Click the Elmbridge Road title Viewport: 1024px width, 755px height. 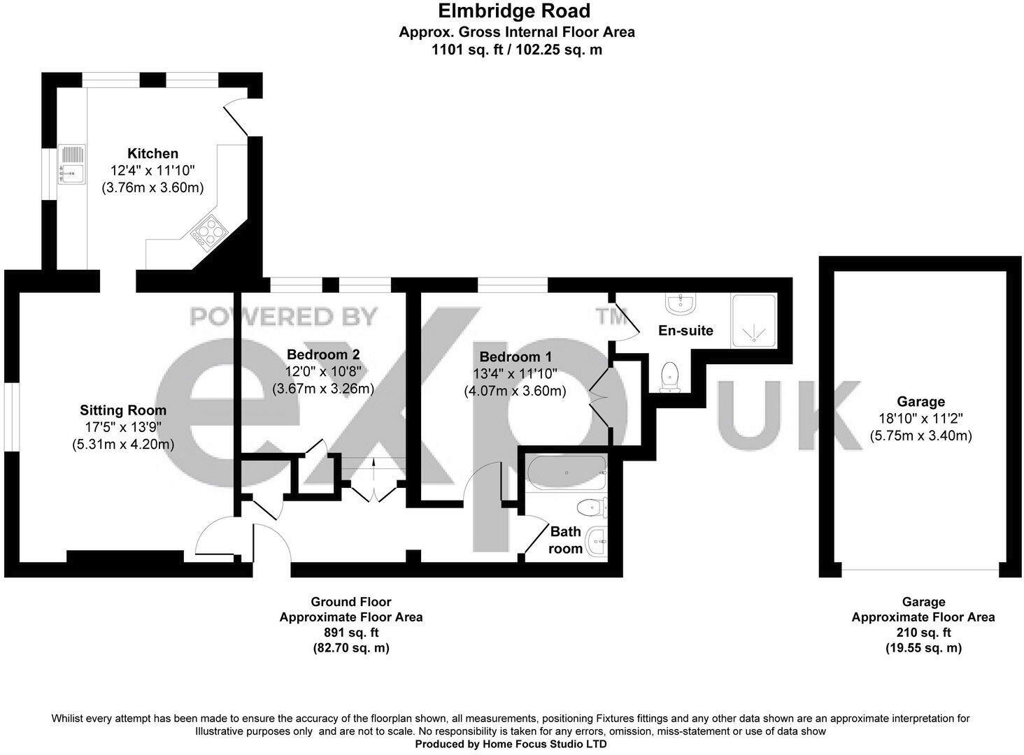pyautogui.click(x=513, y=11)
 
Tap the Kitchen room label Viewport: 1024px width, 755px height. pyautogui.click(x=152, y=153)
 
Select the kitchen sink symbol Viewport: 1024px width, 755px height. pyautogui.click(x=71, y=162)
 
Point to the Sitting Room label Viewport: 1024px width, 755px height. pyautogui.click(x=123, y=410)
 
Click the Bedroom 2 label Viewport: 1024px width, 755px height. pyautogui.click(x=322, y=354)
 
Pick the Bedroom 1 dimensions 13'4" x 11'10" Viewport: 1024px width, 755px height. pyautogui.click(x=515, y=374)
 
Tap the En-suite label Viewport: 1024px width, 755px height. pyautogui.click(x=685, y=330)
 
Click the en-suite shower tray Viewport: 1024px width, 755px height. pyautogui.click(x=753, y=321)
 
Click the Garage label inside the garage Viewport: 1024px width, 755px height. pyautogui.click(x=920, y=401)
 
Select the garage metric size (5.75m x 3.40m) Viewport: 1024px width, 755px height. pyautogui.click(x=920, y=436)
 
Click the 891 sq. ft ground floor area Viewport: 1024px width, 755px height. pyautogui.click(x=350, y=633)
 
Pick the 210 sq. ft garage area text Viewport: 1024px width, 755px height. pyautogui.click(x=923, y=633)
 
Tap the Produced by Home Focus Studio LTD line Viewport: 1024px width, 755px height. pyautogui.click(x=511, y=745)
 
